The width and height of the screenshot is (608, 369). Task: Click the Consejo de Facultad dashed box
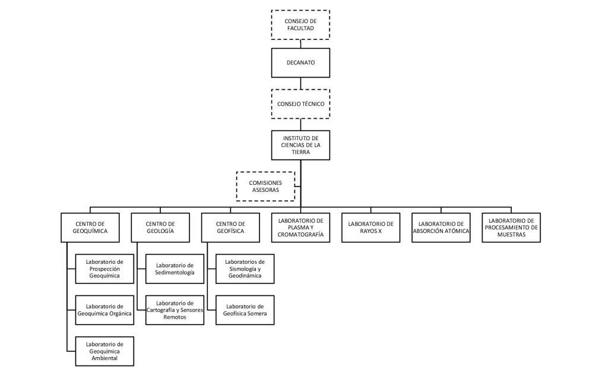[300, 25]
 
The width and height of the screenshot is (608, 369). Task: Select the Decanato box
[300, 62]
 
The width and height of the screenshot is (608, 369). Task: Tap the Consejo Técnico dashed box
[300, 104]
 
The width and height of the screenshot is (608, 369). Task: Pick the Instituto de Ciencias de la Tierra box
[300, 145]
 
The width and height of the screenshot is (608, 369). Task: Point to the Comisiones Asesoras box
[265, 186]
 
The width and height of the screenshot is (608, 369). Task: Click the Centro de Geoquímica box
[90, 228]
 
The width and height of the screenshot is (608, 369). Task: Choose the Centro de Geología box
[160, 228]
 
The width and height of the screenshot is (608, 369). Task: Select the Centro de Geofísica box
[230, 228]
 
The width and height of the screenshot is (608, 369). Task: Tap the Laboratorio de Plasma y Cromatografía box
[300, 228]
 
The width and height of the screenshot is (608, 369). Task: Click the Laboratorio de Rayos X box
[370, 228]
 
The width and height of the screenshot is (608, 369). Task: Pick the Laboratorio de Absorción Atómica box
[441, 228]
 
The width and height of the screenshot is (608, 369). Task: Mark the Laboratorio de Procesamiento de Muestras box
[511, 228]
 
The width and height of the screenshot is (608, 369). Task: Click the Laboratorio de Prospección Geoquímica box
[104, 269]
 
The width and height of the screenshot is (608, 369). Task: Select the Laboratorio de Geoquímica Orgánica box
[104, 310]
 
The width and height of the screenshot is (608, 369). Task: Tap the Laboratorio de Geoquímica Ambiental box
[104, 351]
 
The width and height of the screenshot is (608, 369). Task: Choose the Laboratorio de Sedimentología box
[175, 269]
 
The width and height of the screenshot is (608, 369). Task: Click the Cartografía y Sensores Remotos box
[175, 310]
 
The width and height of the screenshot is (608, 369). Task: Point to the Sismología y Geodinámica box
[245, 269]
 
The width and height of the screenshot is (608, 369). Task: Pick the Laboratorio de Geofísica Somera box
[245, 310]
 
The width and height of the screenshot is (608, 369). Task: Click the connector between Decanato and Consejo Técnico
[300, 83]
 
